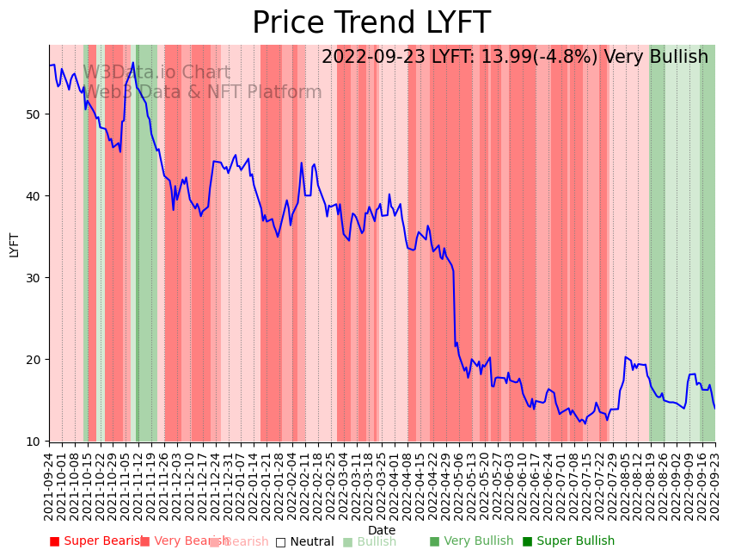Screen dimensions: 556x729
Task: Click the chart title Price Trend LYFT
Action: pyautogui.click(x=371, y=23)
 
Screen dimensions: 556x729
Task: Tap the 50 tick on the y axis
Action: pyautogui.click(x=40, y=114)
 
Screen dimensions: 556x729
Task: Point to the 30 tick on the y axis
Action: pyautogui.click(x=40, y=278)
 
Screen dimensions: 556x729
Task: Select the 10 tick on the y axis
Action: pyautogui.click(x=40, y=442)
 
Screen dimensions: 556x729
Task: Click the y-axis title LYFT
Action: pyautogui.click(x=15, y=244)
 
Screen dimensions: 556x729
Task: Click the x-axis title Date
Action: pyautogui.click(x=382, y=530)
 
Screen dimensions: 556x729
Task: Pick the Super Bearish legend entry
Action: pyautogui.click(x=96, y=541)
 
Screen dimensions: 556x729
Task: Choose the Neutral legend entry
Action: pyautogui.click(x=304, y=541)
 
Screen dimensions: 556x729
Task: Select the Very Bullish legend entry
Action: pyautogui.click(x=471, y=541)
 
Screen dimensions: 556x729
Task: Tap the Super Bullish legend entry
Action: pyautogui.click(x=568, y=541)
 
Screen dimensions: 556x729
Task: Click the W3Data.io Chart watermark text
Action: pyautogui.click(x=156, y=73)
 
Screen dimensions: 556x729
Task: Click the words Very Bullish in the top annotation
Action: pyautogui.click(x=656, y=58)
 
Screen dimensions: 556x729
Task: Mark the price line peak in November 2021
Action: pyautogui.click(x=133, y=63)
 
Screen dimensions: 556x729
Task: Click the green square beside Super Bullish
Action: pyautogui.click(x=527, y=541)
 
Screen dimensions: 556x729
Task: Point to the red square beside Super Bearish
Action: pyautogui.click(x=54, y=541)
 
